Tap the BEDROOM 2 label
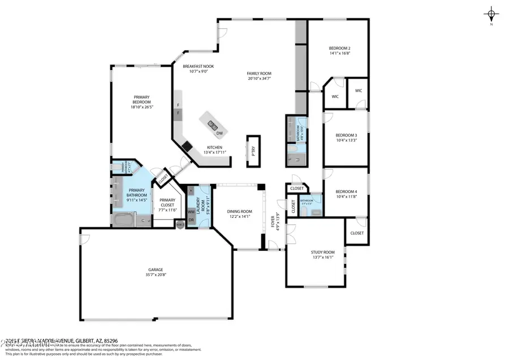click(340, 48)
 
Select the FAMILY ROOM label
click(259, 74)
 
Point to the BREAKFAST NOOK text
click(197, 66)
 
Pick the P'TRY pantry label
click(253, 151)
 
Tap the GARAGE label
click(156, 269)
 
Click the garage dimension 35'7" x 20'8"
click(156, 275)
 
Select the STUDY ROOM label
click(322, 252)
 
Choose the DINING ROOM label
click(240, 211)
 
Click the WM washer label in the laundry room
click(191, 212)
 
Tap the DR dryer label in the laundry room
click(191, 220)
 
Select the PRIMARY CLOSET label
click(167, 203)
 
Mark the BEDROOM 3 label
click(345, 135)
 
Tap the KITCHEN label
click(214, 147)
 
